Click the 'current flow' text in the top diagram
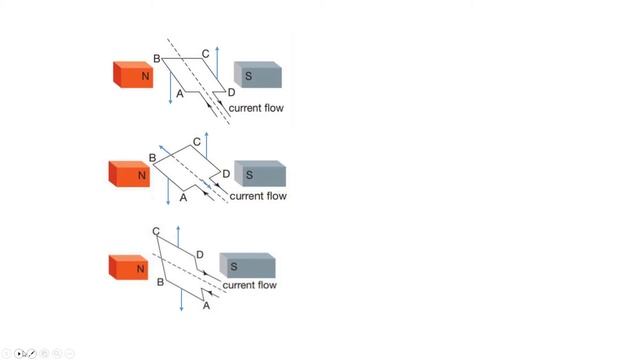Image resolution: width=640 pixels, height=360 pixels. pos(258,108)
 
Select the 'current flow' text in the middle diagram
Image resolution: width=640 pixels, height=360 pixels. pos(258,196)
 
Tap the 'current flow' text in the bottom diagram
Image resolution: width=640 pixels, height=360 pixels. pos(249,285)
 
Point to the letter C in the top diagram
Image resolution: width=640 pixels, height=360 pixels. pos(205,53)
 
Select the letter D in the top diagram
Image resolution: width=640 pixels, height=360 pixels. pos(231,92)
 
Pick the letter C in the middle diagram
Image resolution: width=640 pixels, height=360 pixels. pos(197,142)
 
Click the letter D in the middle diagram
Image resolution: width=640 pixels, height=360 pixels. pos(226,174)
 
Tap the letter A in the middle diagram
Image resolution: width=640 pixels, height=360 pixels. pos(183,198)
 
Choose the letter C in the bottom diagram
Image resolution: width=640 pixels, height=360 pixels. pos(157,232)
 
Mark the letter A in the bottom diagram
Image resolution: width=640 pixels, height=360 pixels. pos(207,306)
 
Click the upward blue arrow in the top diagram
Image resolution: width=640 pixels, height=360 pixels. pos(217,65)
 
